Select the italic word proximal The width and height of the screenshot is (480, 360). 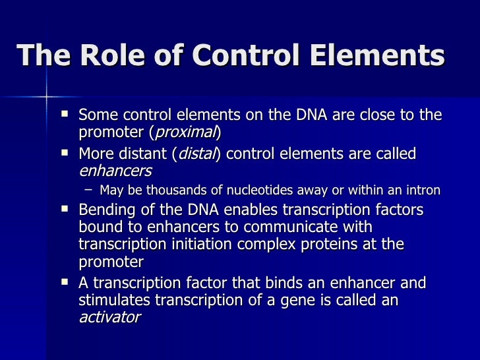[x=185, y=132]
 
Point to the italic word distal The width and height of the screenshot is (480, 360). [x=196, y=154]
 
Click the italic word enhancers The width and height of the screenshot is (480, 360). [x=115, y=171]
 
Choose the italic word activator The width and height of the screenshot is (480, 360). [x=109, y=317]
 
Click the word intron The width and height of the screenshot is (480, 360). [x=421, y=191]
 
